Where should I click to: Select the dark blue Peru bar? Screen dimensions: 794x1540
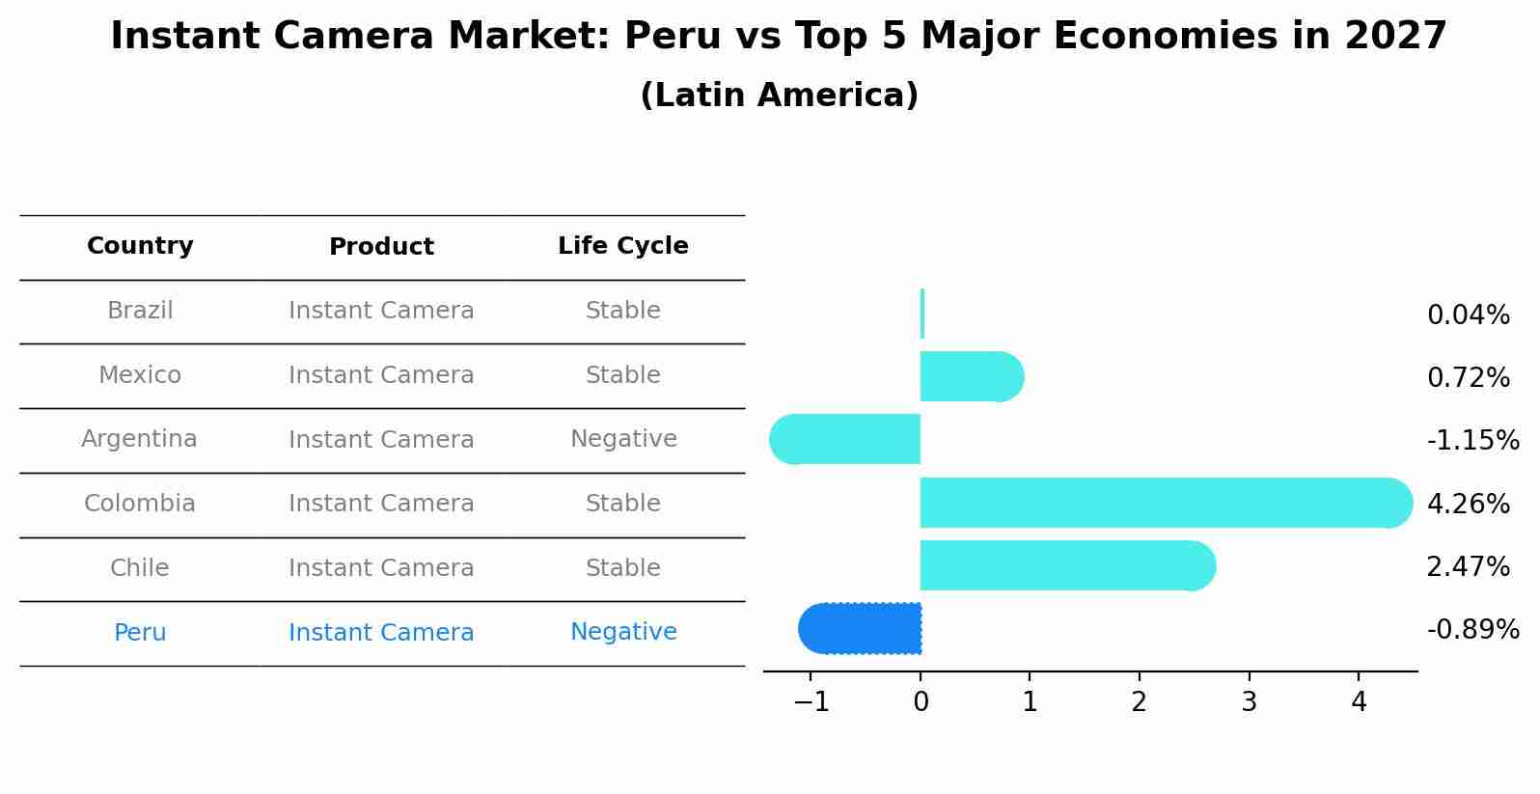(x=860, y=629)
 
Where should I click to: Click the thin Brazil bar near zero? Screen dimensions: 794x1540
(x=922, y=314)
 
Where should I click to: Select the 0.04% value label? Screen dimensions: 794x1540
(x=1468, y=315)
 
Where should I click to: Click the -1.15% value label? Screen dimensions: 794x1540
(x=1472, y=441)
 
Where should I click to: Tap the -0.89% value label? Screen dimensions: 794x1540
(x=1472, y=630)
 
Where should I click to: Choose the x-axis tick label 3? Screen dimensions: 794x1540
(x=1249, y=702)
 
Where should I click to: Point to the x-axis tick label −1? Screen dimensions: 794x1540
(x=811, y=702)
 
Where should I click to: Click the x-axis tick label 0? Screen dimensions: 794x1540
(x=921, y=702)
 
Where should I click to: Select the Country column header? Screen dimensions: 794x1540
(x=140, y=246)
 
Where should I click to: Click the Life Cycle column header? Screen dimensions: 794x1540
(x=622, y=246)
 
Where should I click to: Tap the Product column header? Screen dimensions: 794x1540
(x=381, y=247)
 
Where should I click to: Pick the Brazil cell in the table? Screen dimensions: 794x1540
(x=140, y=311)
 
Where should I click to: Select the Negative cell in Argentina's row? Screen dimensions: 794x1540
(x=623, y=439)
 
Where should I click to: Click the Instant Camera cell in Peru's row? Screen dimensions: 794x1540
(x=381, y=633)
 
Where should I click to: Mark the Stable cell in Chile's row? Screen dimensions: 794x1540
(x=622, y=568)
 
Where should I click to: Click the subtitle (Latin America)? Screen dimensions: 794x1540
(x=779, y=96)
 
